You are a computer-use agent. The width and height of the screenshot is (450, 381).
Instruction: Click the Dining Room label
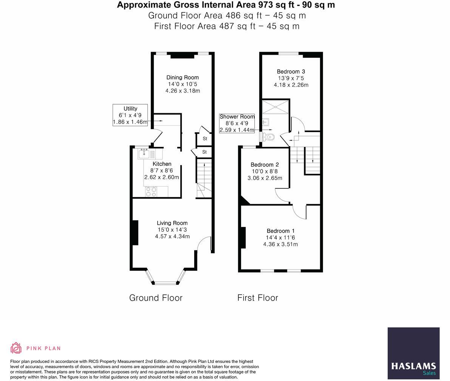[182, 77]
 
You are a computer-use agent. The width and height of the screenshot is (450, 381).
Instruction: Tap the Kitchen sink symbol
[144, 154]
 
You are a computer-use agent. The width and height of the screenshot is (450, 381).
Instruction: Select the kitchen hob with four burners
[152, 192]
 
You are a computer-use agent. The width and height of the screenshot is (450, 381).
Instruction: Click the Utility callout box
[130, 115]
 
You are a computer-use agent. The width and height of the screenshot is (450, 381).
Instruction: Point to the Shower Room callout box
[237, 123]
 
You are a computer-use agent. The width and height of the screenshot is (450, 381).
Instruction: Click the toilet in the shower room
[269, 137]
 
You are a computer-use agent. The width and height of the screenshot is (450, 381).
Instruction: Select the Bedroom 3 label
[291, 71]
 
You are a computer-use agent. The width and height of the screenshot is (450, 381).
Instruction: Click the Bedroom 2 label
[264, 165]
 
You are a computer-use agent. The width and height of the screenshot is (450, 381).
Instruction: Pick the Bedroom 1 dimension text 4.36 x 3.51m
[280, 244]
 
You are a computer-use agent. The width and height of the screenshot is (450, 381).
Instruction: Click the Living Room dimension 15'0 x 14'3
[172, 230]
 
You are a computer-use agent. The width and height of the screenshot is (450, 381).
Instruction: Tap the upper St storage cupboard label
[205, 139]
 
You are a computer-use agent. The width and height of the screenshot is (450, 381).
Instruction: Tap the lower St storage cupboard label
[204, 152]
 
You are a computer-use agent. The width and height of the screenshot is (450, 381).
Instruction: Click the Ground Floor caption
[156, 298]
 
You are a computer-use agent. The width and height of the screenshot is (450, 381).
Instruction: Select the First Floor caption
[258, 298]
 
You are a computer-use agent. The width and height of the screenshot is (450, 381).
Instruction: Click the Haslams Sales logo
[413, 353]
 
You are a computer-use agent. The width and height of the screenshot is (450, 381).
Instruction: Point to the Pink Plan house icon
[16, 348]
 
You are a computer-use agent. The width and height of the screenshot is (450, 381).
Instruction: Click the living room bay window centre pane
[165, 282]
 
